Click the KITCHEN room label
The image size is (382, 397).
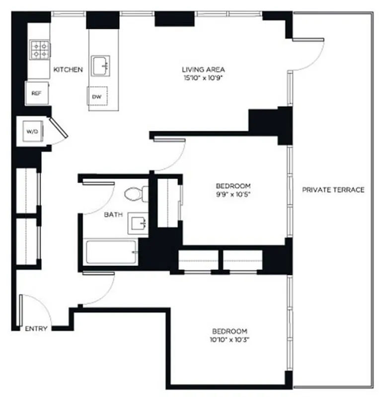pyautogui.click(x=68, y=69)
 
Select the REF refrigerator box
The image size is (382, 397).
pyautogui.click(x=36, y=93)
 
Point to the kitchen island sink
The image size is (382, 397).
pyautogui.click(x=103, y=66)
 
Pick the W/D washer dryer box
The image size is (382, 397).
pyautogui.click(x=32, y=132)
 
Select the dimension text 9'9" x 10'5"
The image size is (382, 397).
pyautogui.click(x=229, y=195)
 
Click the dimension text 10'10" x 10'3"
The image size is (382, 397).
pyautogui.click(x=229, y=340)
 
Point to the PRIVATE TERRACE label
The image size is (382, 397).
pyautogui.click(x=333, y=190)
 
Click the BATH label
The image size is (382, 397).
pyautogui.click(x=111, y=215)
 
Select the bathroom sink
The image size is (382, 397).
pyautogui.click(x=138, y=224)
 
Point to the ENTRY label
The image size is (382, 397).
pyautogui.click(x=36, y=329)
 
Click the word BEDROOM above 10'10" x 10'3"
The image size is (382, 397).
pyautogui.click(x=229, y=331)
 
